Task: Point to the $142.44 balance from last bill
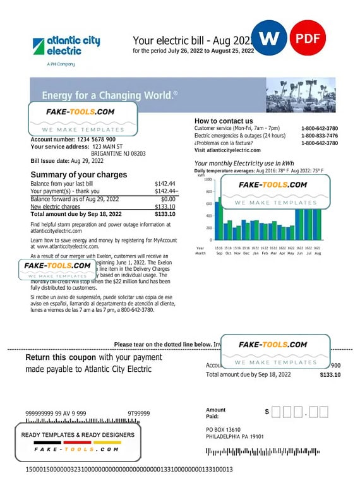click(165, 183)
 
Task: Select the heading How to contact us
click(224, 121)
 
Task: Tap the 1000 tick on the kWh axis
click(208, 179)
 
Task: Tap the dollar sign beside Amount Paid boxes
click(267, 412)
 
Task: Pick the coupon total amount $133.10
click(330, 375)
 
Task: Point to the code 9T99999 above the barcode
click(139, 414)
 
